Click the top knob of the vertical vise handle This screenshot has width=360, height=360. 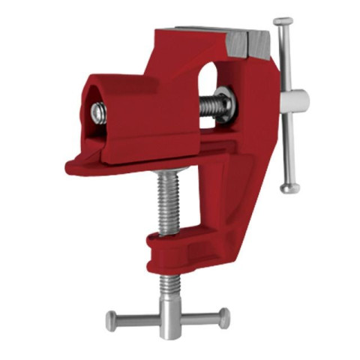283,22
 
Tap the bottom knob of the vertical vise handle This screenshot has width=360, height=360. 289,187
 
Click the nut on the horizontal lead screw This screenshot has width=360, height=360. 224,104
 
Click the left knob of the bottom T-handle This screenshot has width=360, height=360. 112,321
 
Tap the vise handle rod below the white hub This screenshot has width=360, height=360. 288,146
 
